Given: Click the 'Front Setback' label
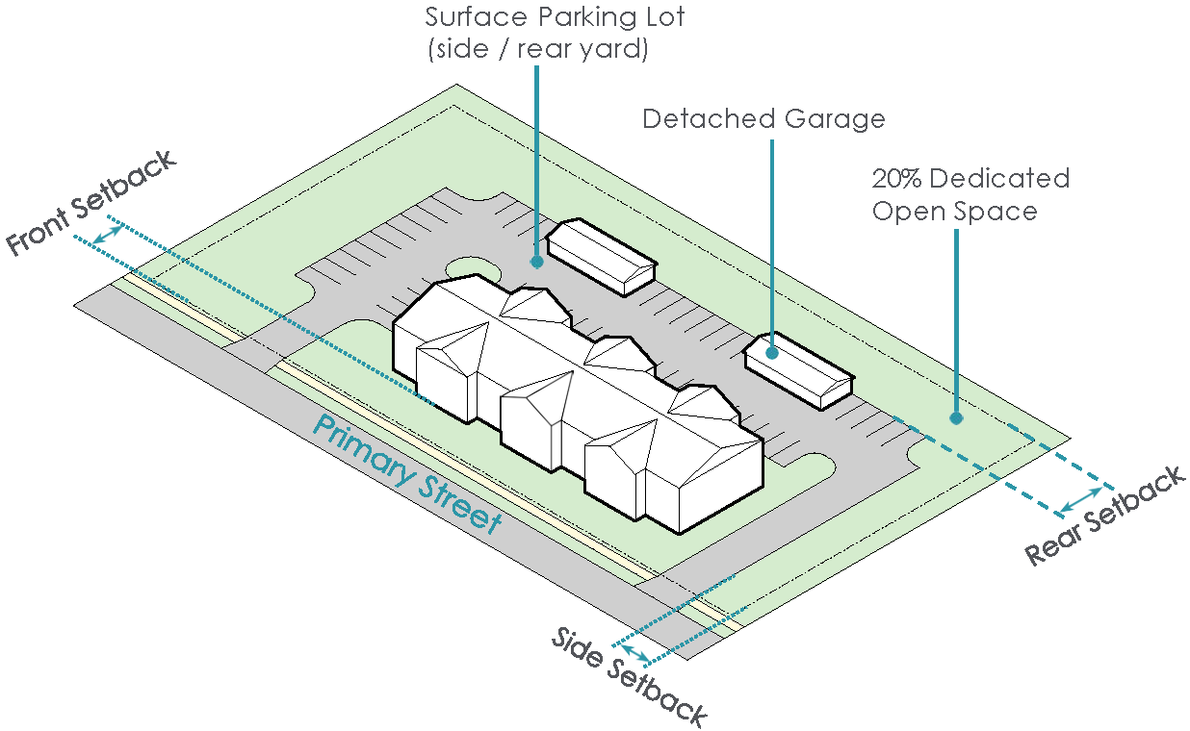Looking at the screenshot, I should pyautogui.click(x=92, y=204).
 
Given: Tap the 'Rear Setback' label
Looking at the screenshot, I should pyautogui.click(x=1105, y=517).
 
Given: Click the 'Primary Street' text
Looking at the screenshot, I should pyautogui.click(x=406, y=475).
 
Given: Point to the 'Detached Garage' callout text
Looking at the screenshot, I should pyautogui.click(x=763, y=119).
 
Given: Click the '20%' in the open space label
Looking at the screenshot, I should pyautogui.click(x=896, y=179).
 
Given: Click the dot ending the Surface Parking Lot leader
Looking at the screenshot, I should pyautogui.click(x=536, y=261).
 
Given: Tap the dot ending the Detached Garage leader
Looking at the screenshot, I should pyautogui.click(x=772, y=353).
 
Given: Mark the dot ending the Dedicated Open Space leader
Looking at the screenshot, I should pyautogui.click(x=956, y=418).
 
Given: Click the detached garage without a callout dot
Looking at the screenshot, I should pyautogui.click(x=603, y=254).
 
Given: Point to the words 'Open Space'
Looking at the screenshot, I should pyautogui.click(x=954, y=212).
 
